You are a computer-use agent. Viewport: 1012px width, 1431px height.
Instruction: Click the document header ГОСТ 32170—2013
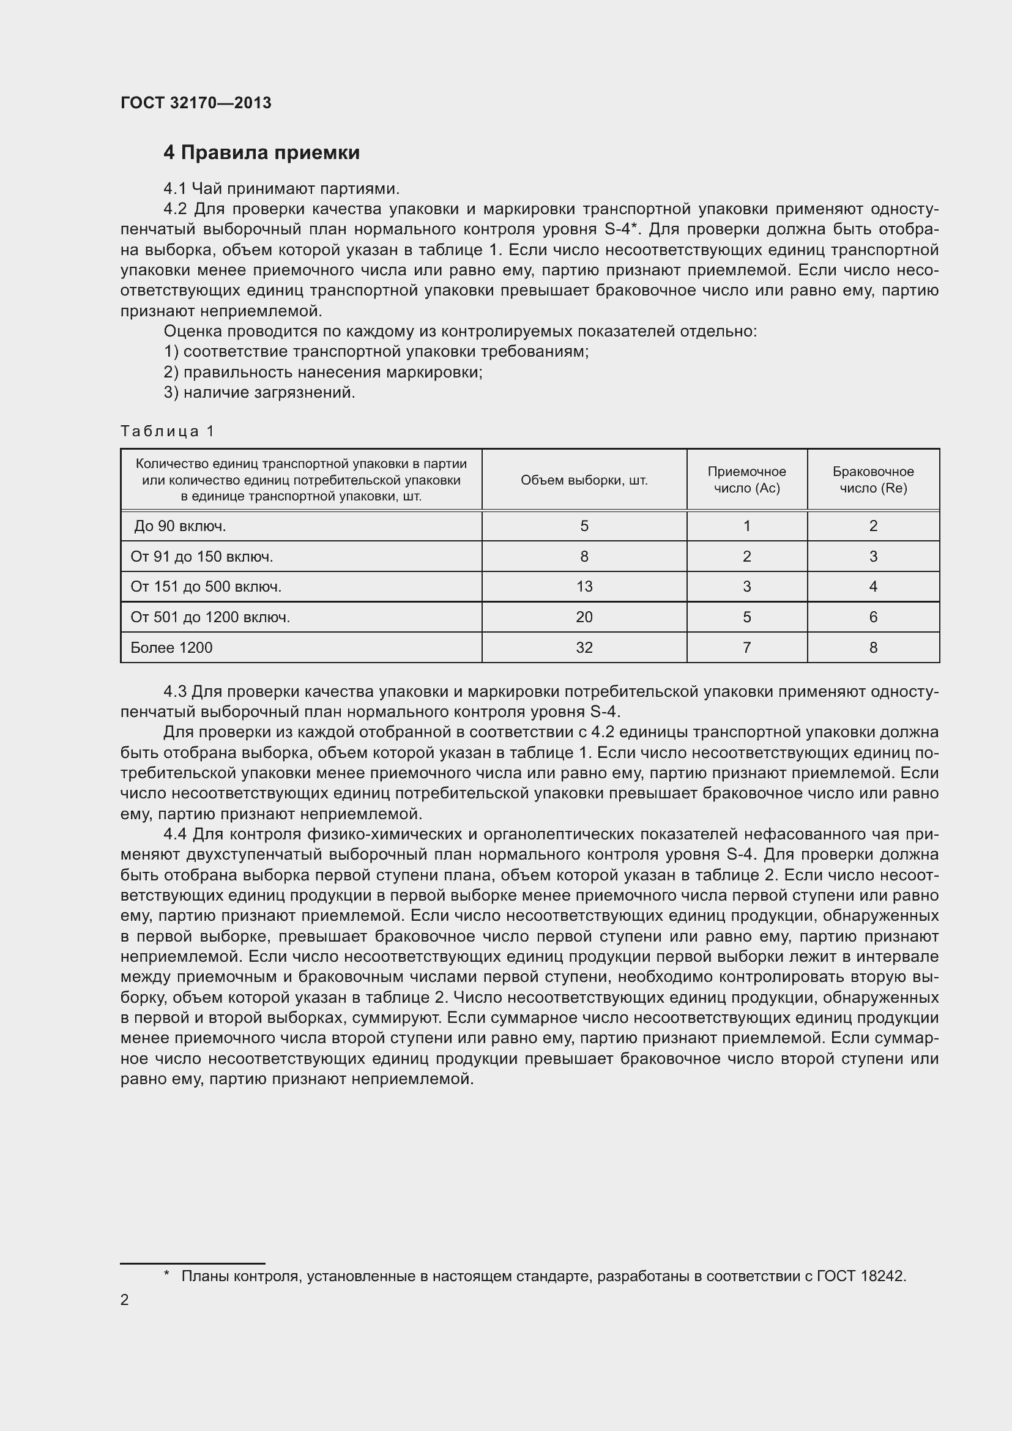[x=196, y=103]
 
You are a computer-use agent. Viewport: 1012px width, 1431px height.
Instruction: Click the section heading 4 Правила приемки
[x=261, y=153]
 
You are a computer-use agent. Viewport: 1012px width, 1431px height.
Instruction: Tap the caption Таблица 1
[x=167, y=431]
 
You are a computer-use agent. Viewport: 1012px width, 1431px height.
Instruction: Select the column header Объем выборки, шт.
[x=584, y=480]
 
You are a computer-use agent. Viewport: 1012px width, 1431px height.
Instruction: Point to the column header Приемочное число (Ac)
[x=746, y=480]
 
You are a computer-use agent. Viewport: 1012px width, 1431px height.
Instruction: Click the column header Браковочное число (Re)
[x=872, y=480]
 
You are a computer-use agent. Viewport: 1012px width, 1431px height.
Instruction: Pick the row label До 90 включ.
[x=180, y=527]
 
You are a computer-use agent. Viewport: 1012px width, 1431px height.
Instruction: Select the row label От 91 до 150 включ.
[x=201, y=557]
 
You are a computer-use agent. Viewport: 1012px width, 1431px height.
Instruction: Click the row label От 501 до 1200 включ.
[x=210, y=618]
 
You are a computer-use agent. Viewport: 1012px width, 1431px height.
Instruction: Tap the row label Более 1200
[x=171, y=648]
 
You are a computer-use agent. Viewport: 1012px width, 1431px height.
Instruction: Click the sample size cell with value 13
[x=584, y=587]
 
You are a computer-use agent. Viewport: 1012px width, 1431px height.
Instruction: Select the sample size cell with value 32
[x=584, y=648]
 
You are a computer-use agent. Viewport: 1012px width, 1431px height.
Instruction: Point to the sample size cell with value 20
[x=584, y=618]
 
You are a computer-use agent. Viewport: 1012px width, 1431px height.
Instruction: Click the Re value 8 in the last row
[x=873, y=648]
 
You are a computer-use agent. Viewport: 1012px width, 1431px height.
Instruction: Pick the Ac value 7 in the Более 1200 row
[x=746, y=648]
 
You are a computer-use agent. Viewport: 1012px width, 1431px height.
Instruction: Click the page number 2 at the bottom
[x=125, y=1299]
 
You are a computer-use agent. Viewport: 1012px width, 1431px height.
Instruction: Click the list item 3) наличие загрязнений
[x=259, y=393]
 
